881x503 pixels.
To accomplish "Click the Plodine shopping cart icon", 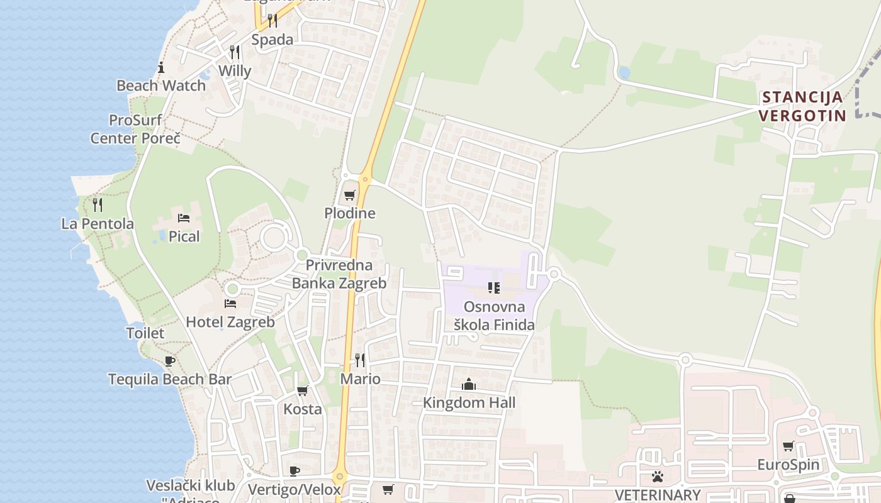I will pos(349,196).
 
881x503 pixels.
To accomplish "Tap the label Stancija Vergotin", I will pos(802,106).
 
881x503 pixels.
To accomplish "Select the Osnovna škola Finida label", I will pos(494,316).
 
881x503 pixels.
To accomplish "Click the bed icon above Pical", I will pos(184,218).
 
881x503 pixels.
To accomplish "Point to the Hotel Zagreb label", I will pos(230,322).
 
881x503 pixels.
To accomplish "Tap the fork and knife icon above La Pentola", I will pos(98,204).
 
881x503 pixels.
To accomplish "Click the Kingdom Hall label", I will pos(469,402).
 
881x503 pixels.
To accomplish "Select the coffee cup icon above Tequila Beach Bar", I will pos(169,361).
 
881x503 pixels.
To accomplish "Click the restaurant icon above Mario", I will pos(360,360).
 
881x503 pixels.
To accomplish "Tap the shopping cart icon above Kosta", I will pos(303,390).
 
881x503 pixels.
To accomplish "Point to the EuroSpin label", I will pos(788,465).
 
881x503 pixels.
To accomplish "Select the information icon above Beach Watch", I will pos(161,67).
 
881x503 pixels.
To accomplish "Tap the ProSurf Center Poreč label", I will pos(135,129).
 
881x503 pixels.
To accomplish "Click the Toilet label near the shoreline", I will pos(145,333).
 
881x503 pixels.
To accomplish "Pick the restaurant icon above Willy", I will pos(235,52).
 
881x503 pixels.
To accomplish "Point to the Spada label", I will pos(272,40).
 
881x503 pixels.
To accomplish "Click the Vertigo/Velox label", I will pos(295,490).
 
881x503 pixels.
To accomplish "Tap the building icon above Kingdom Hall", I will pos(469,384).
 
